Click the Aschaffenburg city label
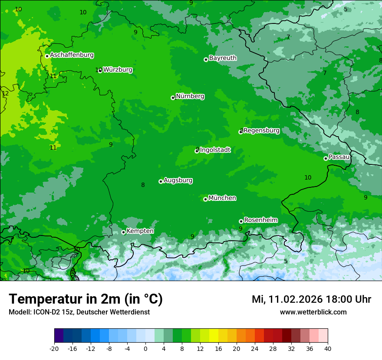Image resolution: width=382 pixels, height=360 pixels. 72,55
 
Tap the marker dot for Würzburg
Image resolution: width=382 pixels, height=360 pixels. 100,70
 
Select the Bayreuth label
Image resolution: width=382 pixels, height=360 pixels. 223,58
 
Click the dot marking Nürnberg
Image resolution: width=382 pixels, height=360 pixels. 173,98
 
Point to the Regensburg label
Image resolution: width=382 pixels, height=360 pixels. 261,131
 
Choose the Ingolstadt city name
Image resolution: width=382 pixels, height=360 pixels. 215,150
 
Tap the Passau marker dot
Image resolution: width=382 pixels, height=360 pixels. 326,158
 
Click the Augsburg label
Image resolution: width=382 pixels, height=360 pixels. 178,180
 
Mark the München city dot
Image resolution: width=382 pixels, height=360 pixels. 205,199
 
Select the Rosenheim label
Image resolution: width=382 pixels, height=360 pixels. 260,220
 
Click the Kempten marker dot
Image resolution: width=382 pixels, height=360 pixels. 123,232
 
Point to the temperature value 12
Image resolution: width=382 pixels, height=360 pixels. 5,93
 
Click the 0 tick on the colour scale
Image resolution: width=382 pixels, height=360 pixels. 145,349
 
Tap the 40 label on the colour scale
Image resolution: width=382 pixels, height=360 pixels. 328,349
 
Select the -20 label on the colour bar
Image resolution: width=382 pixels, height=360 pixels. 54,349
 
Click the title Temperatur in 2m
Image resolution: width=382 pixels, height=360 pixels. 86,299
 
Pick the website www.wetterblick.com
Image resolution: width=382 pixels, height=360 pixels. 313,312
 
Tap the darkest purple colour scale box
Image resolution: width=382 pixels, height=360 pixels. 59,336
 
